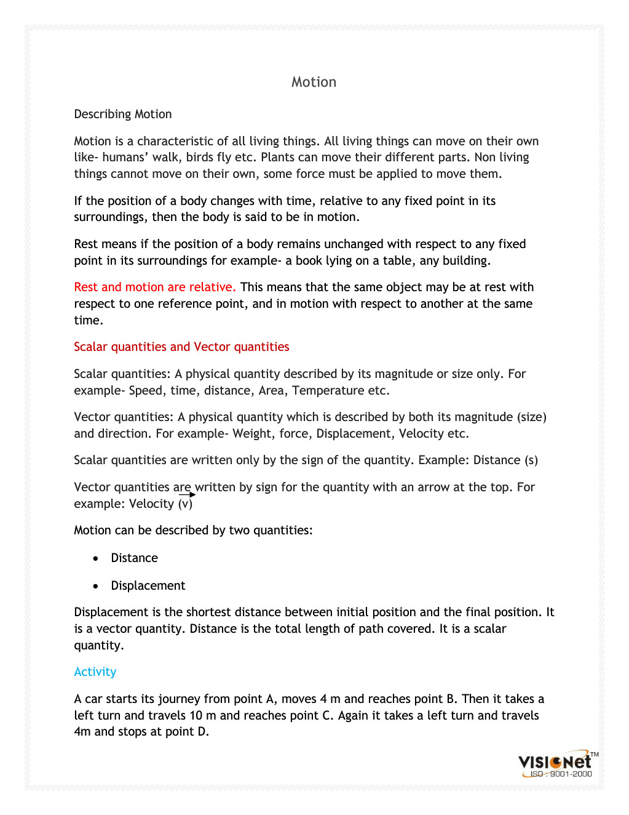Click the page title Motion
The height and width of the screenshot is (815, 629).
[x=314, y=82]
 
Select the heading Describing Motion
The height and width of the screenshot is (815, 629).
[x=123, y=114]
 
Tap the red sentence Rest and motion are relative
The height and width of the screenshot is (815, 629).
[x=155, y=287]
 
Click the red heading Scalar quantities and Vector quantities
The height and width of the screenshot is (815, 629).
[x=181, y=347]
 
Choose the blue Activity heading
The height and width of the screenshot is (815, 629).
[x=95, y=672]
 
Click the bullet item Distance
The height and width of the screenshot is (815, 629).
[x=134, y=558]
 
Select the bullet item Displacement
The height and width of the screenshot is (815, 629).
[x=148, y=585]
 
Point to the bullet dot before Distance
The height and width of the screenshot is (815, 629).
[x=95, y=558]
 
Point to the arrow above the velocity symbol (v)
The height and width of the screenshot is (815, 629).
[x=188, y=494]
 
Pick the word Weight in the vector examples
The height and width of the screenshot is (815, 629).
[x=252, y=433]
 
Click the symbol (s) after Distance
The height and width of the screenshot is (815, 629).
[x=531, y=460]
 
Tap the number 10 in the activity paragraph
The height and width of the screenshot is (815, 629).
[x=196, y=715]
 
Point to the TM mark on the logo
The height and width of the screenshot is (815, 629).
[x=595, y=754]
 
